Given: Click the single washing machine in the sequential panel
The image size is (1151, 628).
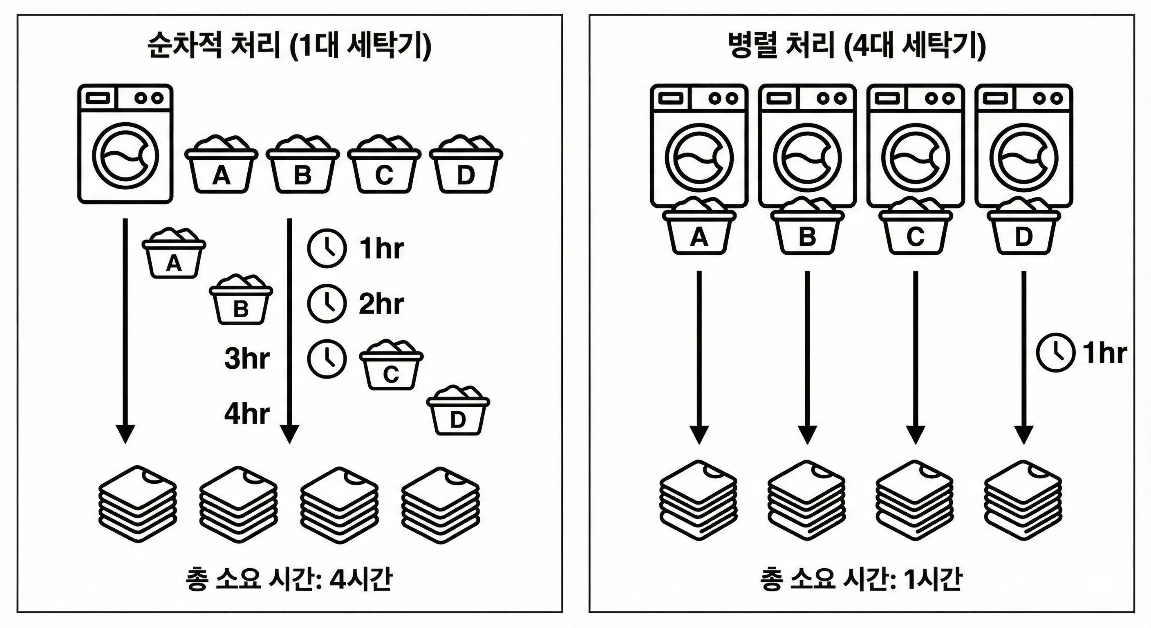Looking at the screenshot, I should [125, 144].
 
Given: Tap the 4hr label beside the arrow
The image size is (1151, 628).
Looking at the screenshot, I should [246, 414].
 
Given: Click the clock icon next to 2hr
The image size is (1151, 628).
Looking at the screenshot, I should [327, 303].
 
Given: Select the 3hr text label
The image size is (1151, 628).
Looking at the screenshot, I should [246, 359].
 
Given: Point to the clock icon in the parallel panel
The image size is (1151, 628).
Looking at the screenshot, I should [1055, 353].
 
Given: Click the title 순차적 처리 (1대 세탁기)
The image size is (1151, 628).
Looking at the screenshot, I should [289, 46].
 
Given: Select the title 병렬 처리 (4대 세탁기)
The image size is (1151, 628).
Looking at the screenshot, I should [857, 46].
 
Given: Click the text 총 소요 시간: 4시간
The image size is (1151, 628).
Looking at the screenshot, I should [289, 579].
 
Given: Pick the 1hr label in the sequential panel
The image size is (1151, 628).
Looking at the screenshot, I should [381, 249].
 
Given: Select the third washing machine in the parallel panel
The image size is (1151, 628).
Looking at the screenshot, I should [915, 146].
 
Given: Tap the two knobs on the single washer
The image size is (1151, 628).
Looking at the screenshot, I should [150, 98].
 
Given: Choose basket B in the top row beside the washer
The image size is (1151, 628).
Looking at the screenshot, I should [302, 165].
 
